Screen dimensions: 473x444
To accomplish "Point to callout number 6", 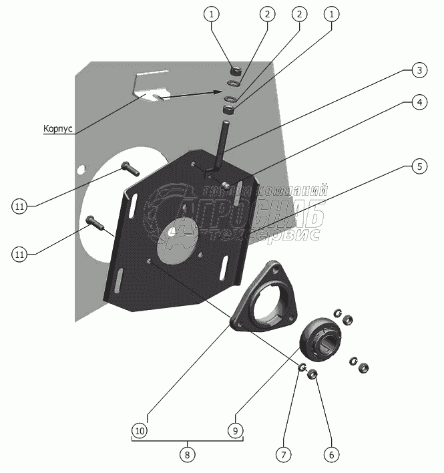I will pyautogui.click(x=330, y=454).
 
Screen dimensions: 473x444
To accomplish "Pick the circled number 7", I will pyautogui.click(x=283, y=454).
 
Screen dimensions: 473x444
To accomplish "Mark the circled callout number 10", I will pyautogui.click(x=139, y=430).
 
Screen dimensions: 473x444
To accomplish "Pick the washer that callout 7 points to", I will pyautogui.click(x=302, y=367).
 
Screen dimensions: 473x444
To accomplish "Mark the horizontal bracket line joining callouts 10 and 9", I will pyautogui.click(x=187, y=439).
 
